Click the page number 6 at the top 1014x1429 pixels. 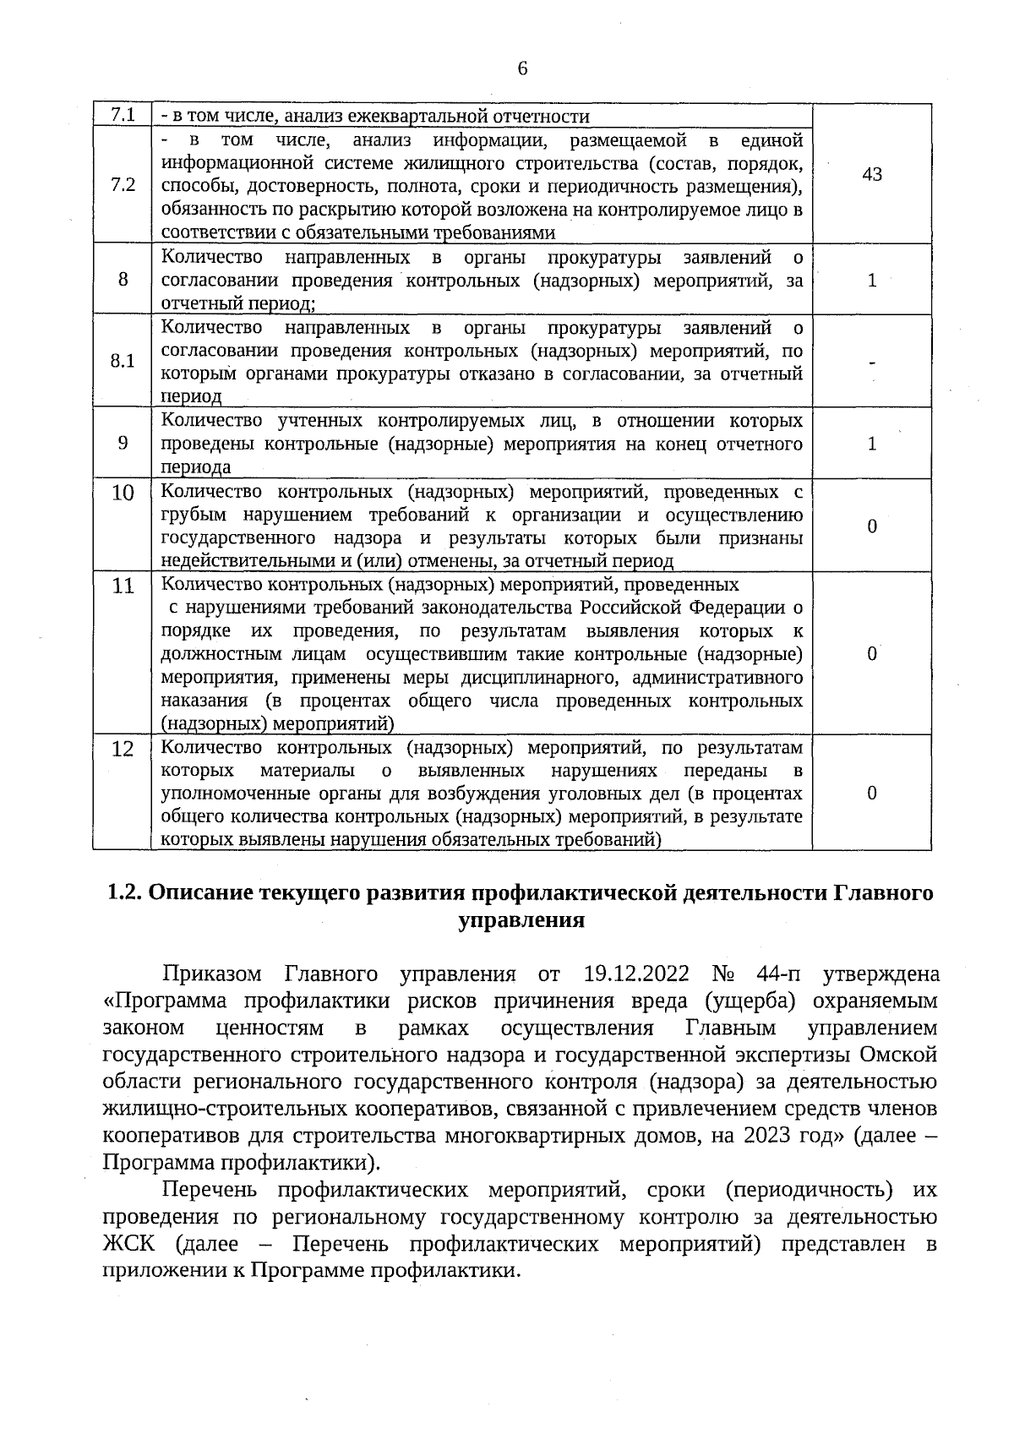pos(522,68)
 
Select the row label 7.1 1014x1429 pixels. pos(123,114)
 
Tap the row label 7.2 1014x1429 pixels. pos(123,185)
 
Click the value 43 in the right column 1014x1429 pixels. pos(872,174)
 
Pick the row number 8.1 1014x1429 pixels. pos(123,361)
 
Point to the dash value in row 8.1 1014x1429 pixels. pos(872,362)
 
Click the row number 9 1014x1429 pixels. pos(123,443)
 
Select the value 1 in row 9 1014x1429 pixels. pos(872,444)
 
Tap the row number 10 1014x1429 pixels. pos(123,493)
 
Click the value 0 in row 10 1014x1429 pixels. pos(872,526)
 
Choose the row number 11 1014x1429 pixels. pos(123,585)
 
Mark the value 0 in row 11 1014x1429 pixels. pos(872,654)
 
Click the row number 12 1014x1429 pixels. pos(123,749)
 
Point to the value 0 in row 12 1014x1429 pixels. pos(872,793)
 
